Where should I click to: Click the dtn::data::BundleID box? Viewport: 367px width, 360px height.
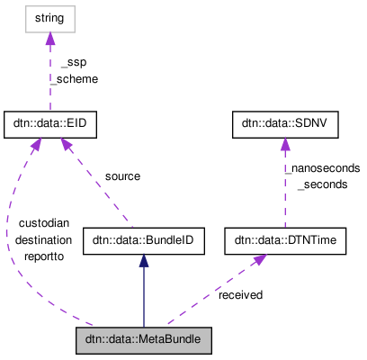tap(144, 240)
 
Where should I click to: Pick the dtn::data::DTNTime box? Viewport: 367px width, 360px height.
tap(285, 240)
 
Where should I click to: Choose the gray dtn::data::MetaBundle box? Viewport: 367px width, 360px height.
tap(144, 342)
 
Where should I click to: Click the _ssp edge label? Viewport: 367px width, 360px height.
tap(73, 62)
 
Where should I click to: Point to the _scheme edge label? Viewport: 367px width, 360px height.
tap(74, 78)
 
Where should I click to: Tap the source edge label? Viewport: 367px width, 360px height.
tap(122, 176)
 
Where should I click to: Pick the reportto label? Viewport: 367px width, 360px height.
tap(40, 256)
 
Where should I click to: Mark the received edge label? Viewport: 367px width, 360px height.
tap(240, 294)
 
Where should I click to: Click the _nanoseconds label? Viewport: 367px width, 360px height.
tap(322, 167)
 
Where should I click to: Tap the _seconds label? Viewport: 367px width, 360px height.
tap(322, 184)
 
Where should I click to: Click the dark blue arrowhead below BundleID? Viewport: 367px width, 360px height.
tap(144, 261)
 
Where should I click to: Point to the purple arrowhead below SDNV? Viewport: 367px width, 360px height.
tap(285, 145)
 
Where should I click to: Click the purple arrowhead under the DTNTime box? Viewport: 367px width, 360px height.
tap(258, 260)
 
